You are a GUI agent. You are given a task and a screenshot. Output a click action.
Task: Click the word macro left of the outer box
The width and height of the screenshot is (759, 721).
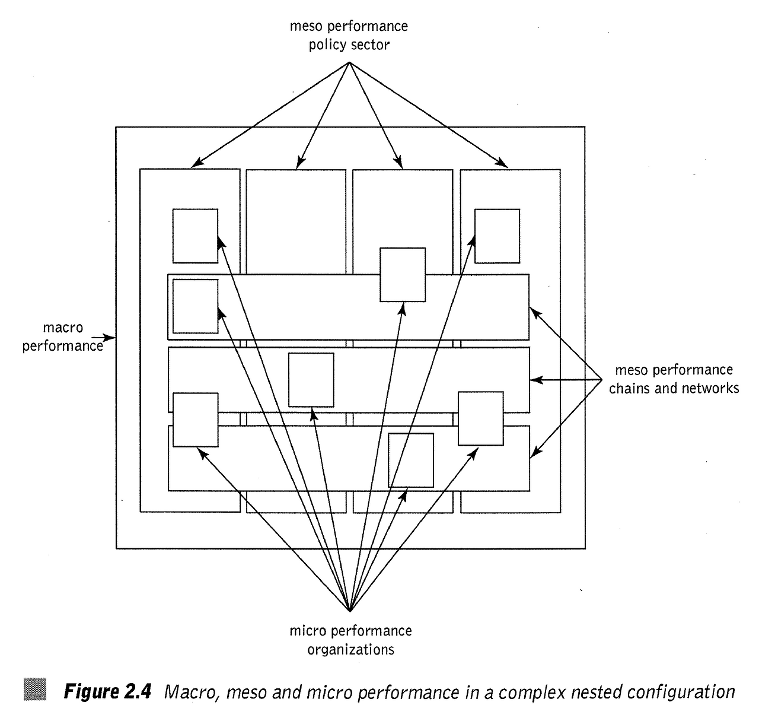(x=63, y=328)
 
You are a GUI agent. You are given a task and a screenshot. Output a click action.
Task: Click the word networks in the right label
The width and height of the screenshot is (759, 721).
(x=710, y=388)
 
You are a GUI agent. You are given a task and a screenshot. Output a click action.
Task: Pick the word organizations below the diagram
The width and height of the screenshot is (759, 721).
(x=350, y=649)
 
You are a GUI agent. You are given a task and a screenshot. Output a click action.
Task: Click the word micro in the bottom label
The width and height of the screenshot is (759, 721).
(x=307, y=630)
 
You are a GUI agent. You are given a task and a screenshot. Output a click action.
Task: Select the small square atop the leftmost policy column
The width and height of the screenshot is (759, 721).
(x=195, y=236)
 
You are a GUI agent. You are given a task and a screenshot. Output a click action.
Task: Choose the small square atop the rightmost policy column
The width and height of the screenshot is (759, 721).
(x=497, y=236)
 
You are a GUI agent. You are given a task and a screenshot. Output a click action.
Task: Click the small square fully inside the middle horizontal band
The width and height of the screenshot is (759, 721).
(x=311, y=380)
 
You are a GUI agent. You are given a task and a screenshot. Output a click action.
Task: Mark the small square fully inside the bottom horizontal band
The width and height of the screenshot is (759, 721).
(x=410, y=460)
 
